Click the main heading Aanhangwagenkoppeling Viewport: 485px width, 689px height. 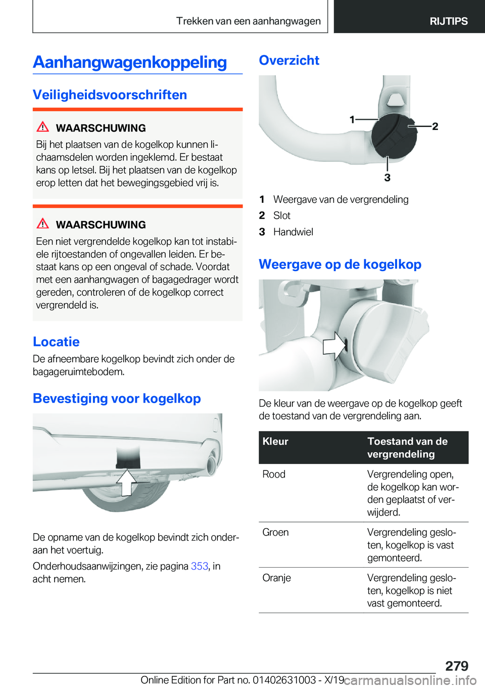click(130, 62)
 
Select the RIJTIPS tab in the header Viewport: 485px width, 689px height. click(448, 21)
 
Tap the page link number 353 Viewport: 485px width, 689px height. click(200, 566)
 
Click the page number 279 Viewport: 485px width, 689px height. click(457, 666)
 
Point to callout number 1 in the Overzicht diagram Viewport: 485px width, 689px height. click(352, 119)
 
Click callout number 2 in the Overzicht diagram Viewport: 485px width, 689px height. click(435, 126)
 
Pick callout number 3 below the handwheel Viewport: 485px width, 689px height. click(387, 178)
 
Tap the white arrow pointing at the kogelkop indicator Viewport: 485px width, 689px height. click(334, 346)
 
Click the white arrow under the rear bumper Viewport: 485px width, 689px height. click(126, 482)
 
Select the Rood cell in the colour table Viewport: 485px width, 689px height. click(274, 475)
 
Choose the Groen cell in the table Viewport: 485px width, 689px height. click(275, 533)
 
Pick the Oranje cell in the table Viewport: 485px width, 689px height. click(276, 578)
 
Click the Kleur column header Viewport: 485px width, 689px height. click(275, 442)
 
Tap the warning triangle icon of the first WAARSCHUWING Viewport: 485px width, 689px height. click(43, 127)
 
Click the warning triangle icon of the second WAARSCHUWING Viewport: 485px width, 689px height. click(43, 224)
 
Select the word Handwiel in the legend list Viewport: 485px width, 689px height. click(293, 232)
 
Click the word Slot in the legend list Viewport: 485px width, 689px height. click(281, 216)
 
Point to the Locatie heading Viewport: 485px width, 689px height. click(56, 342)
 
